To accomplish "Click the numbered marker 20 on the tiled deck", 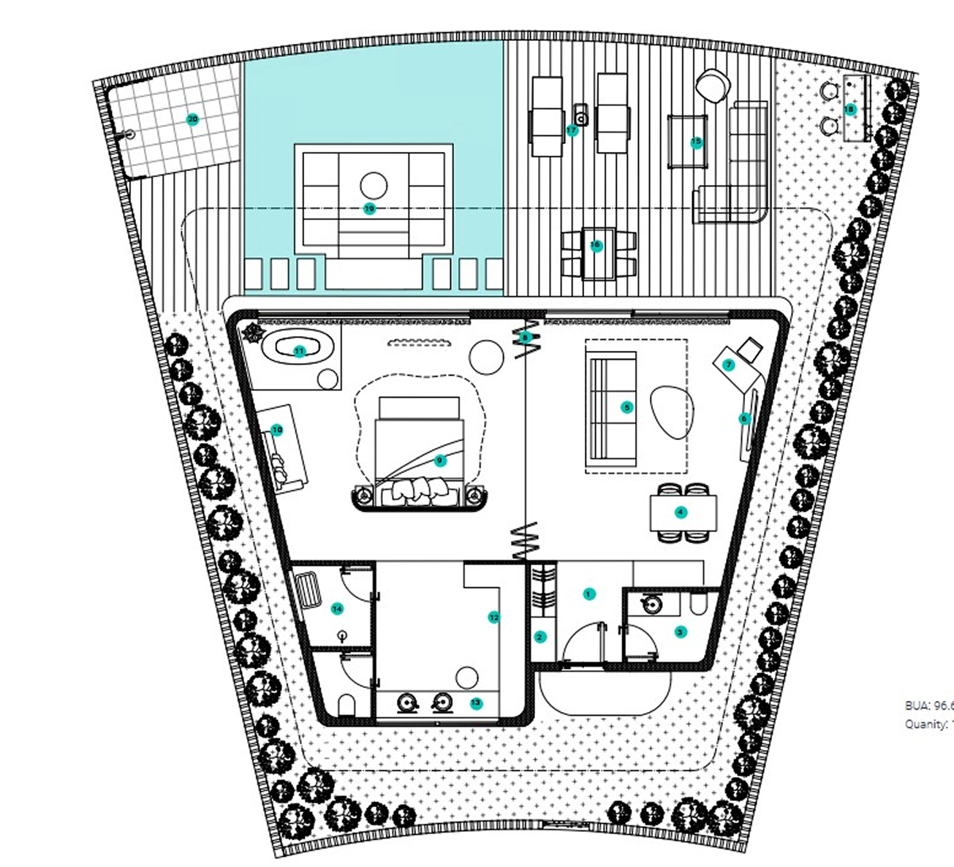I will pos(192,119).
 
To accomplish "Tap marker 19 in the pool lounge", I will pos(369,208).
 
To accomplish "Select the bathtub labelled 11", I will pos(299,352).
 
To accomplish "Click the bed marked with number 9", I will pos(439,461).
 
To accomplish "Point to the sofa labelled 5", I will pos(626,407).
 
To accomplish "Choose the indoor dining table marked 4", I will pos(681,512).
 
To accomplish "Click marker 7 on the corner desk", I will pos(728,365).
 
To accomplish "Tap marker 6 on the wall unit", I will pos(744,419).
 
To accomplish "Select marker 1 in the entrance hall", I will pos(588,594).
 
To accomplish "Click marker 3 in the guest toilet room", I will pos(680,632).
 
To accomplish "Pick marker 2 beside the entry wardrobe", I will pos(540,637).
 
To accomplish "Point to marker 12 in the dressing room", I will pos(493,618).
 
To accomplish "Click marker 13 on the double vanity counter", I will pos(476,703).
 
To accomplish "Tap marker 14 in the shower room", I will pos(337,608).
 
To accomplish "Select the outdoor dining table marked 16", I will pos(596,246).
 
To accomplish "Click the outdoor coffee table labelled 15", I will pos(696,143).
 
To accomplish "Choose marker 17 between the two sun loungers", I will pos(572,130).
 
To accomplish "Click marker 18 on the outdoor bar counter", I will pos(849,110).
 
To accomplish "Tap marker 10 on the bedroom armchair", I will pos(276,431).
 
